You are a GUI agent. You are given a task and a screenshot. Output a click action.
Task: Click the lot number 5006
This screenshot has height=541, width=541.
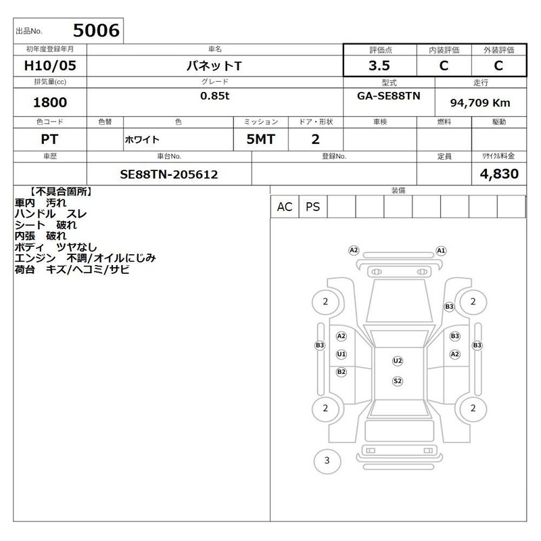point(96,30)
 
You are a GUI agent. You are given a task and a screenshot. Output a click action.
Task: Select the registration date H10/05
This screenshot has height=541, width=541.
point(50,66)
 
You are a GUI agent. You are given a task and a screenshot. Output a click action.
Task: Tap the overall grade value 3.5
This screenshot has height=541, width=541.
point(379,66)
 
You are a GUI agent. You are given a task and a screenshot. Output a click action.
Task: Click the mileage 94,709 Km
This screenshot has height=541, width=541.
point(480,103)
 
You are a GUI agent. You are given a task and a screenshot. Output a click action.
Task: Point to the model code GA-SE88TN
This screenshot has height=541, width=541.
point(388,96)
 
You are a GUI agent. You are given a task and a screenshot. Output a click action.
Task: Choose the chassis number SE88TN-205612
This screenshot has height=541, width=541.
point(168,174)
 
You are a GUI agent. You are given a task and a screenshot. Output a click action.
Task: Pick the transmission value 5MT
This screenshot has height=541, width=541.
point(260,139)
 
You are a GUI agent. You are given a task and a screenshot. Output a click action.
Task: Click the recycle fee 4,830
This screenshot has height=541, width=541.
point(499,174)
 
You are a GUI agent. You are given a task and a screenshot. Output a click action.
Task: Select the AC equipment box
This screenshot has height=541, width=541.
point(285,207)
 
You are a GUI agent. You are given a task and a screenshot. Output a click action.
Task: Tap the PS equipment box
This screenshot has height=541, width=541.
point(313,207)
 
